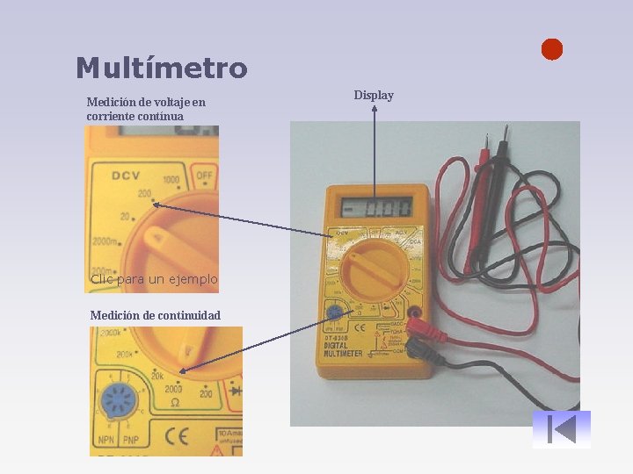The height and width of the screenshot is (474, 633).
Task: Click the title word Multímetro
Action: tap(162, 68)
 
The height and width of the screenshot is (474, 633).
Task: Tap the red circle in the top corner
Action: tap(551, 50)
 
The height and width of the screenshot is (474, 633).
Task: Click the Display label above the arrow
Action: tap(374, 95)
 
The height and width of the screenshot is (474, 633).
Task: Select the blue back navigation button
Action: tap(561, 429)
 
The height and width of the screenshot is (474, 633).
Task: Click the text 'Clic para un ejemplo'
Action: tap(154, 279)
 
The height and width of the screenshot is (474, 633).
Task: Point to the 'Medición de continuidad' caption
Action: tap(155, 315)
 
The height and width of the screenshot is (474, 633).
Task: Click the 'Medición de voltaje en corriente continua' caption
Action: tap(146, 109)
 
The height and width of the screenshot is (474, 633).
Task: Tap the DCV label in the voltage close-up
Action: tap(126, 175)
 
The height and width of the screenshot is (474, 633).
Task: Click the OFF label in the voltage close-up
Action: tap(205, 176)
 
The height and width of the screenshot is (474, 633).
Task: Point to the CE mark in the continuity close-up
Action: tap(177, 434)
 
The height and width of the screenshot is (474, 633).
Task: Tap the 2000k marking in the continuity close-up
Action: tap(111, 334)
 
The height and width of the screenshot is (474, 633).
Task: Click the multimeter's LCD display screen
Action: tap(376, 209)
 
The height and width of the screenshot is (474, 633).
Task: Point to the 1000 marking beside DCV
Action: tap(171, 181)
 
